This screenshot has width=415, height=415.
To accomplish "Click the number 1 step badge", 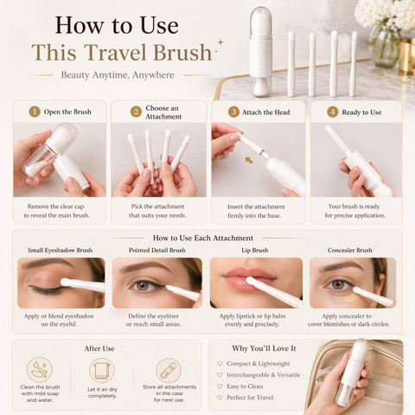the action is [35, 112].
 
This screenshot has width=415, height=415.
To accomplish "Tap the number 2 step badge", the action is [136, 112].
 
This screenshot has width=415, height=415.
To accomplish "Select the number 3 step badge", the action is [233, 112].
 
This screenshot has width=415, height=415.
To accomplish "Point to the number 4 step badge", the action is [333, 112].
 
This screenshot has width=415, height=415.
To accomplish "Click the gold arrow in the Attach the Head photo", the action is [249, 160].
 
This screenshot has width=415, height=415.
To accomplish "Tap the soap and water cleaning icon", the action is [40, 370].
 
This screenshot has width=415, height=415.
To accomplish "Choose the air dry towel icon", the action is [102, 370].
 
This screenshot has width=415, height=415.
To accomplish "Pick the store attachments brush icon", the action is [169, 370].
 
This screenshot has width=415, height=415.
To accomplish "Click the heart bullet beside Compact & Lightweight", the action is [220, 364].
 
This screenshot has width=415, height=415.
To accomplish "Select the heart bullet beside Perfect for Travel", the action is [220, 398].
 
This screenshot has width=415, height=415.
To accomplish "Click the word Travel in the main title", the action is [114, 53].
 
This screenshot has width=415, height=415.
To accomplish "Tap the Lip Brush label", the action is [255, 250].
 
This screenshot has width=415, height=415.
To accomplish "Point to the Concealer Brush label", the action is [350, 250].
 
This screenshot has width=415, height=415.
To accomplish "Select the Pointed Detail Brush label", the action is [157, 250].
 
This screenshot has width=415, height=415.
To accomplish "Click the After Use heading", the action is [99, 348].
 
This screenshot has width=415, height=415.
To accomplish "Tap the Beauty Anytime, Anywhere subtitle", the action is [118, 75].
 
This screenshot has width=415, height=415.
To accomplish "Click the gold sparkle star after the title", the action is [220, 42].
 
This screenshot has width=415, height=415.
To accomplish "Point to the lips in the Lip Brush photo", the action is [248, 278].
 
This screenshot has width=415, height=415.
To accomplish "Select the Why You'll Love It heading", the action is [265, 348].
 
